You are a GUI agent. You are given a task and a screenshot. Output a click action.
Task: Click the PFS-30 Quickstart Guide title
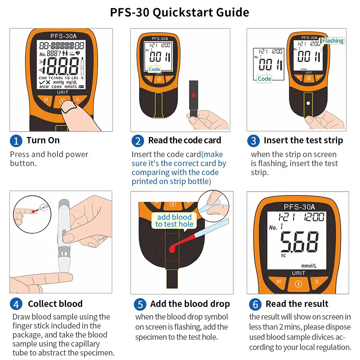click(x=180, y=12)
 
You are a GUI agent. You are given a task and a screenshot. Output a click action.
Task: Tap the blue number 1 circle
click(x=16, y=141)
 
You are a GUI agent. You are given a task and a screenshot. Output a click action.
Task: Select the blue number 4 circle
click(x=16, y=304)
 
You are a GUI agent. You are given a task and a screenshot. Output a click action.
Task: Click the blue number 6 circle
click(x=255, y=304)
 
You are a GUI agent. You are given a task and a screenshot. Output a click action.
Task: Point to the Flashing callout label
click(x=333, y=41)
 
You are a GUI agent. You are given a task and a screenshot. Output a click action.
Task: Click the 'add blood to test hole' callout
click(x=174, y=220)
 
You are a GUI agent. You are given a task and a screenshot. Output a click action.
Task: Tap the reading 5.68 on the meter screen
click(x=300, y=242)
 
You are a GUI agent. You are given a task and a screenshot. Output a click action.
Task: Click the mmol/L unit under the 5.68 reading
click(x=309, y=266)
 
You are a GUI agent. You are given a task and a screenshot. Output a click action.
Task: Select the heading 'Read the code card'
click(x=185, y=140)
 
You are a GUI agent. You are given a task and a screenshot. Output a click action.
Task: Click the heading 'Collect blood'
click(x=55, y=304)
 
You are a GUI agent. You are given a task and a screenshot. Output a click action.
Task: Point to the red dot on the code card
click(x=194, y=95)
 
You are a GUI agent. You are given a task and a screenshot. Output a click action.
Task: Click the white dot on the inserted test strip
click(x=308, y=103)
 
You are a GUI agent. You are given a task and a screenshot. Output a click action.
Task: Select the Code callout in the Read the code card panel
click(x=154, y=69)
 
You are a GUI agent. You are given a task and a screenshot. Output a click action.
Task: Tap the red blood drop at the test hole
click(x=172, y=249)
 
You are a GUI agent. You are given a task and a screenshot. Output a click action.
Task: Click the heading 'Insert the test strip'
click(x=303, y=140)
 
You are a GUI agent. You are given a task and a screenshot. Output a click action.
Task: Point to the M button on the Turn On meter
click(x=46, y=100)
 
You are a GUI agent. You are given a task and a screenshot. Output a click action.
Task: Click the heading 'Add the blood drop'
click(x=190, y=304)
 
